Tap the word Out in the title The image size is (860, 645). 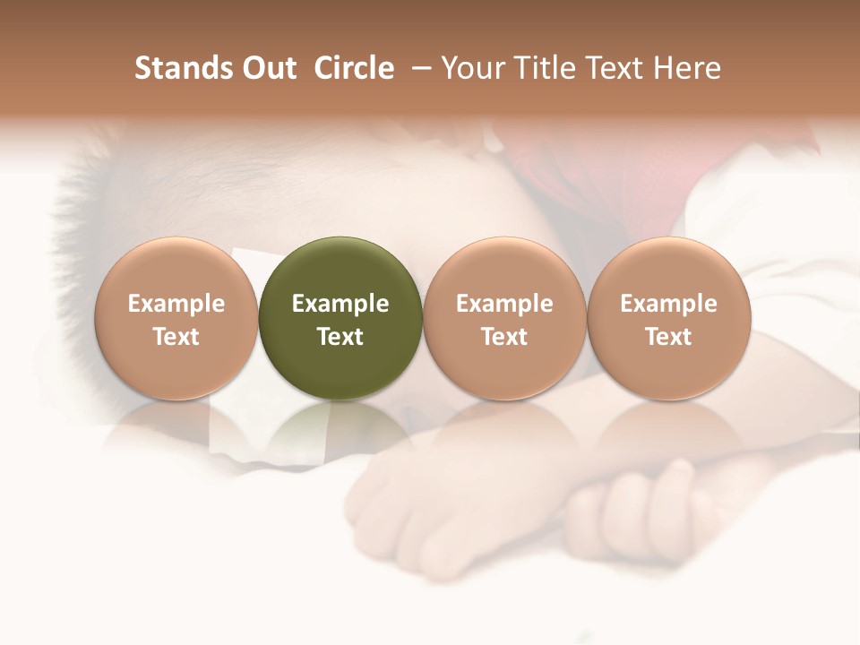point(266,68)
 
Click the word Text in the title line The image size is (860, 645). point(616,68)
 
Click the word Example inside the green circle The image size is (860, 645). point(340,304)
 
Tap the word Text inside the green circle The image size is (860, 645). point(340,337)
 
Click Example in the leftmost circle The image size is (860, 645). point(176,304)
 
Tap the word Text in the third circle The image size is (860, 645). point(504,337)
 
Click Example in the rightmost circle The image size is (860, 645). point(669,304)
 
